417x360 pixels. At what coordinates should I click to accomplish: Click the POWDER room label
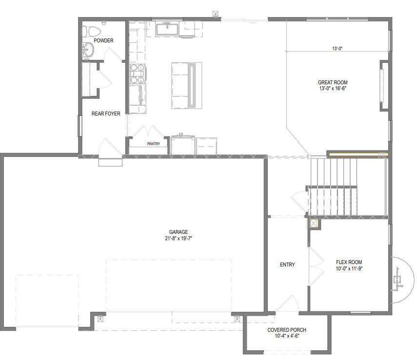103,40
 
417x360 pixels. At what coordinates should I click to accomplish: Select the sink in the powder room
88,49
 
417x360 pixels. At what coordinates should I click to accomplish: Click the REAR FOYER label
106,114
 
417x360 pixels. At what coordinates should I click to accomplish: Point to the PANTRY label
154,144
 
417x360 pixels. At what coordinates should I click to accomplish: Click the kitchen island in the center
183,86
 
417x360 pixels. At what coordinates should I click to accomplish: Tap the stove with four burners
137,73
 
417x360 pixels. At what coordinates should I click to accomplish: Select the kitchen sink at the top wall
167,29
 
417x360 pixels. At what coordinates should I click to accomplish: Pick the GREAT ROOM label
333,82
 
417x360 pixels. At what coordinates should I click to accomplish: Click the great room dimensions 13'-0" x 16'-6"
333,89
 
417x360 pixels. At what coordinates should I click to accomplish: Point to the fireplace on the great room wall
383,86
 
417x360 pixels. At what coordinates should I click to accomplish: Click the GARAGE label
179,232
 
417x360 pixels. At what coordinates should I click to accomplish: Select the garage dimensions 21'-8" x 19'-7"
179,239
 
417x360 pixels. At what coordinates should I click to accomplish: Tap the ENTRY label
287,265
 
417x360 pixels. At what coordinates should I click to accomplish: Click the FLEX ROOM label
349,262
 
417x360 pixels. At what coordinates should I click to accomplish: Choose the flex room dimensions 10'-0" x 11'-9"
349,268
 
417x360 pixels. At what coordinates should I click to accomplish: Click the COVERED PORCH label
287,330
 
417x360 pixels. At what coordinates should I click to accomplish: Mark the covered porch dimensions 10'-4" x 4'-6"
287,336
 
